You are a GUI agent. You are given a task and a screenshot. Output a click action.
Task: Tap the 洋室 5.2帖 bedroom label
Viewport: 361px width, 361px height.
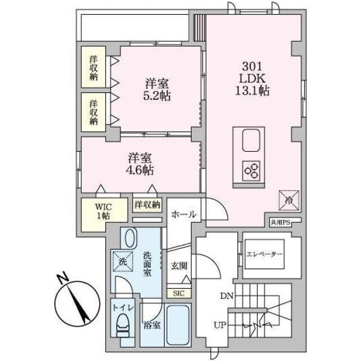157,90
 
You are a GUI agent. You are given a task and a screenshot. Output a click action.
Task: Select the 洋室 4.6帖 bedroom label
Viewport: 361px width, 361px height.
140,164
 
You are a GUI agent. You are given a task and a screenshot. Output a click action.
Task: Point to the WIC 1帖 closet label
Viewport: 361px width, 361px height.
103,211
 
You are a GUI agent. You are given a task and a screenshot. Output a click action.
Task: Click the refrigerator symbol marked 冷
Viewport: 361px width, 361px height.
289,200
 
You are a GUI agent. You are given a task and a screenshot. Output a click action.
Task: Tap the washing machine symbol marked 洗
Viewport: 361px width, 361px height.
123,261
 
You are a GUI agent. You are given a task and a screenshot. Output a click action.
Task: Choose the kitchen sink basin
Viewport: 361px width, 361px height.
251,140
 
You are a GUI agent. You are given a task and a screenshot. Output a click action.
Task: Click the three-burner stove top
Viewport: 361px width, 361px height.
251,171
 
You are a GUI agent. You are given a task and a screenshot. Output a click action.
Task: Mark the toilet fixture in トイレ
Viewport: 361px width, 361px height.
123,325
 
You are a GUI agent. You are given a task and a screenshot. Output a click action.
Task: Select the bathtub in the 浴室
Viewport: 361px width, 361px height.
178,325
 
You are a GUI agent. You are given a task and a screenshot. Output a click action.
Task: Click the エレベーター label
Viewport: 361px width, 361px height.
265,254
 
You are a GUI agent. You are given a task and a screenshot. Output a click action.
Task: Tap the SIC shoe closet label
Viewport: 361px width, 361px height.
179,293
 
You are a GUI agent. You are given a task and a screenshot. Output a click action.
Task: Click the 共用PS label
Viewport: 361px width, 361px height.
280,222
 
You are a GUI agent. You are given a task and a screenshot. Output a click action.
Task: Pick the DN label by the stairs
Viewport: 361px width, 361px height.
227,296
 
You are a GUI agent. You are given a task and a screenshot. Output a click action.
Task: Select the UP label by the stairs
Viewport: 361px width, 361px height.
220,325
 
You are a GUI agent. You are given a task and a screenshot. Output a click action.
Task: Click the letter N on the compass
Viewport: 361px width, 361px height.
63,278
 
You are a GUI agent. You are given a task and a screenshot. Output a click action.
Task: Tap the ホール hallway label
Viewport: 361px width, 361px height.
184,214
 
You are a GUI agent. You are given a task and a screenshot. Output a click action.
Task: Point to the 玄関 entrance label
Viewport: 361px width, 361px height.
179,266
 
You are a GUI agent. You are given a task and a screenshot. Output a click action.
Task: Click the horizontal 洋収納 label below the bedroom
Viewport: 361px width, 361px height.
147,204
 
